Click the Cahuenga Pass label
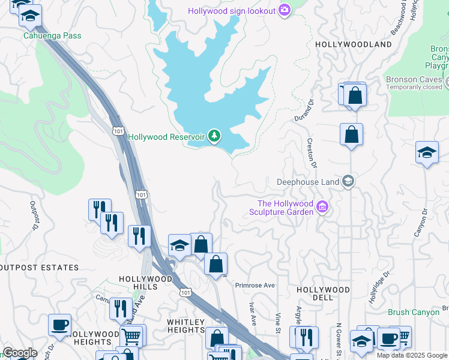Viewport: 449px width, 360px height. [x=52, y=35]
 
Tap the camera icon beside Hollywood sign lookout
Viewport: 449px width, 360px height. [x=284, y=10]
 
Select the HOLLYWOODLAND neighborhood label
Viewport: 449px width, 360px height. [x=353, y=44]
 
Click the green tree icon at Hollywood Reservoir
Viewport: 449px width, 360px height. [x=214, y=137]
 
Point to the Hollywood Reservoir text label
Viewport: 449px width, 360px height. [x=166, y=137]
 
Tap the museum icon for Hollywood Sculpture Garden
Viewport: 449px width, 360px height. [x=322, y=208]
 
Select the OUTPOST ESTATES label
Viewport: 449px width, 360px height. [x=40, y=268]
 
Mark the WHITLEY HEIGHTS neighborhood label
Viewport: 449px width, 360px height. [x=186, y=326]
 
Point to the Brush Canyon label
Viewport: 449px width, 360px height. [x=414, y=312]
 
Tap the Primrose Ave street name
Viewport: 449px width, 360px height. [x=255, y=286]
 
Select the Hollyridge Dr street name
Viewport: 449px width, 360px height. [x=379, y=285]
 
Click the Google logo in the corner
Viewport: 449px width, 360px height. [x=20, y=353]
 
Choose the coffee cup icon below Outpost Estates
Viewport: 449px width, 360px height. [x=59, y=325]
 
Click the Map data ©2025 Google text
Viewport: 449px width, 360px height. [x=412, y=355]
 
